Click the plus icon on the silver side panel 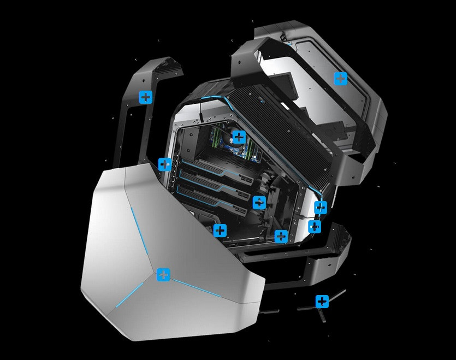[x=163, y=275]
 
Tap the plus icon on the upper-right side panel [x=340, y=79]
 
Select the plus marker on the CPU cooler [x=239, y=137]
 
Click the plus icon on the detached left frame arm [x=146, y=97]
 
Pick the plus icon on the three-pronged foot [x=322, y=301]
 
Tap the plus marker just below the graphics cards [x=220, y=230]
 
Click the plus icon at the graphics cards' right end [x=259, y=202]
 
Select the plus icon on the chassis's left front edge [x=164, y=164]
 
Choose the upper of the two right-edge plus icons [x=321, y=207]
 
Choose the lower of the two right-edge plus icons [x=315, y=226]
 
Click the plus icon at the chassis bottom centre [x=281, y=237]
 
